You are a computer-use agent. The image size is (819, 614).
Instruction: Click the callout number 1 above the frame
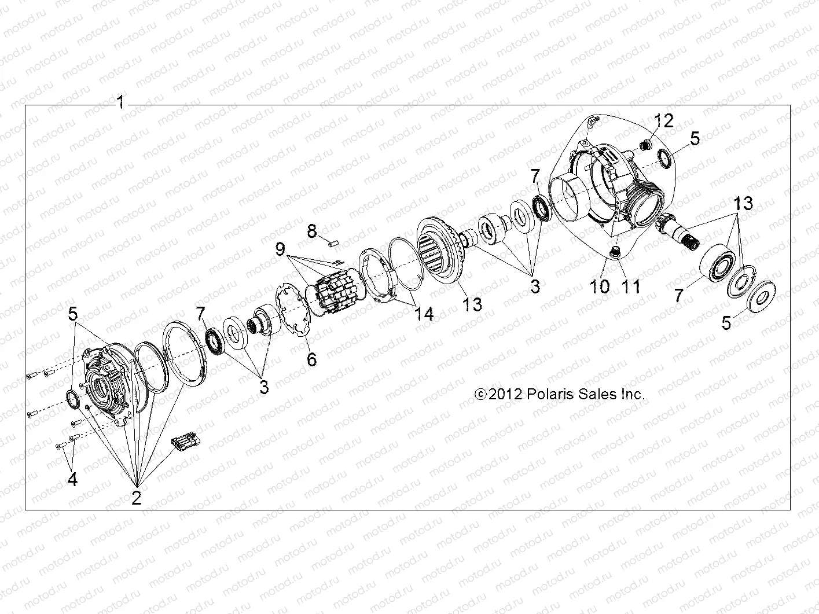coord(120,103)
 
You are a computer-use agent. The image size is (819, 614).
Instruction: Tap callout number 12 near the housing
coord(664,121)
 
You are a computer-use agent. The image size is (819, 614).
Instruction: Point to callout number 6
coord(312,359)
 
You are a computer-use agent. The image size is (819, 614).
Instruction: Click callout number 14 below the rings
coord(424,313)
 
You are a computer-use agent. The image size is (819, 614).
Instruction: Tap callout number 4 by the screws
coord(72,479)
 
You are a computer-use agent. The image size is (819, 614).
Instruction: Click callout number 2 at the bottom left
coord(137,497)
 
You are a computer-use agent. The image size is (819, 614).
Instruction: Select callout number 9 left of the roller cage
coord(281,250)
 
